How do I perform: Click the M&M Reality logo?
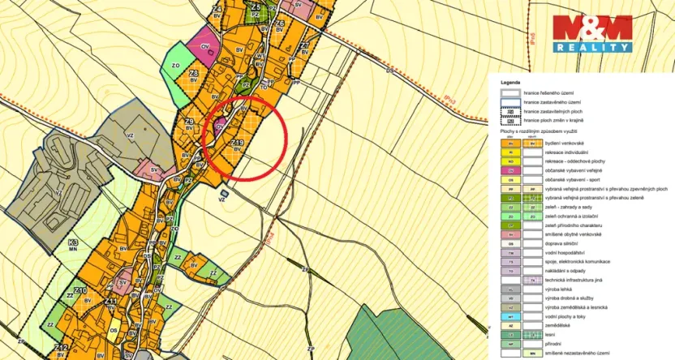tap(591, 34)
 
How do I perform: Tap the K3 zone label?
tap(73, 242)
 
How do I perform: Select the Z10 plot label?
tap(80, 290)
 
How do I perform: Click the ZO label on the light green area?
tap(174, 66)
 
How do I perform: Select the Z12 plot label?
tap(61, 348)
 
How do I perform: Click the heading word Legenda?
tap(510, 83)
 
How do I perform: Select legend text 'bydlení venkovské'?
tap(563, 143)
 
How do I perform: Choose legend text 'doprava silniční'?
tap(561, 243)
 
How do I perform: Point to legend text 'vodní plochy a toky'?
tap(565, 316)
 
